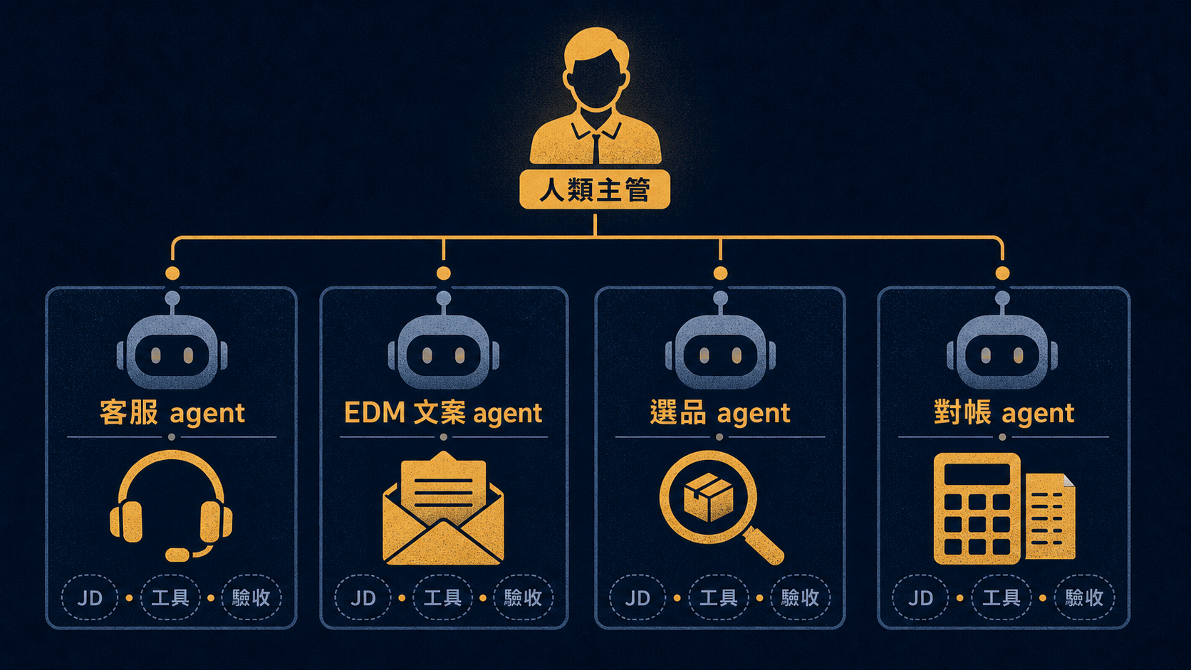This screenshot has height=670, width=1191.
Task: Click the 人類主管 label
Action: coord(595,189)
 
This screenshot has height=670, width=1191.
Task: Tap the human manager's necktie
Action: coord(596,148)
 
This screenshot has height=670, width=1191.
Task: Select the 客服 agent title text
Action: coord(172,413)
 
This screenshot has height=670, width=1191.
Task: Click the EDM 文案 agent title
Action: coord(443,413)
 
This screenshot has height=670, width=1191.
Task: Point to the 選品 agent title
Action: coord(720,413)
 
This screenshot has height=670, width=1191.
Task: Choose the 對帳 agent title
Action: coord(1004,413)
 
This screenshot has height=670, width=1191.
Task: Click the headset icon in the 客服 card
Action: coord(171,506)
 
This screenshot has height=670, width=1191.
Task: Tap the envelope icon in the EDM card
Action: coord(443,508)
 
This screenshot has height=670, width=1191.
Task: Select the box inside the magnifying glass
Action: coord(708,497)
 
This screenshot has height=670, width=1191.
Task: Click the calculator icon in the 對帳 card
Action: coord(977,508)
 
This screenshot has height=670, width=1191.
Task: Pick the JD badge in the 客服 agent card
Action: coord(90,598)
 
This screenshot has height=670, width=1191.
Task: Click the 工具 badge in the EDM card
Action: coord(442,598)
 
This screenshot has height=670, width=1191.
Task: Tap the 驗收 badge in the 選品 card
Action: coord(800,598)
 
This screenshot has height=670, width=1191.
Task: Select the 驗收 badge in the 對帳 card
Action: coord(1084,598)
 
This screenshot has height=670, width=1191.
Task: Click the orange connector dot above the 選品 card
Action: coord(720,273)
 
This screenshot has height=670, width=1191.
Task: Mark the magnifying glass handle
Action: coord(764,545)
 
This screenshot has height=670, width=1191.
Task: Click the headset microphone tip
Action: coord(177,555)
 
